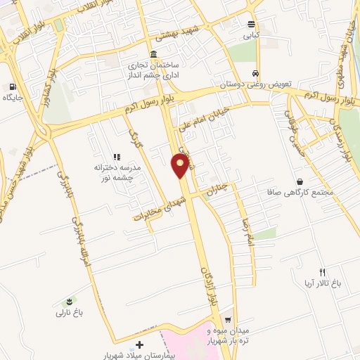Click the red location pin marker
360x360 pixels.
click(x=181, y=165)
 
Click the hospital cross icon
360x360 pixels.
click(x=139, y=345)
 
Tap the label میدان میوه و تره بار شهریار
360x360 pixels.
click(x=228, y=334)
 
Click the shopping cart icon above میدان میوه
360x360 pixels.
click(x=227, y=319)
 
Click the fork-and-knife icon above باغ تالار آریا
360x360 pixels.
click(x=323, y=271)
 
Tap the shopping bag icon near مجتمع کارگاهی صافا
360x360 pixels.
click(x=300, y=181)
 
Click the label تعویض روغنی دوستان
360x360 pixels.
click(x=242, y=84)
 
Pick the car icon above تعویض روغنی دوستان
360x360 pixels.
click(x=256, y=73)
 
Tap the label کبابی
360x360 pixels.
click(x=251, y=34)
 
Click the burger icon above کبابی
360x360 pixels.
click(x=251, y=23)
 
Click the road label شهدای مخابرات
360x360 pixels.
click(x=159, y=209)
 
